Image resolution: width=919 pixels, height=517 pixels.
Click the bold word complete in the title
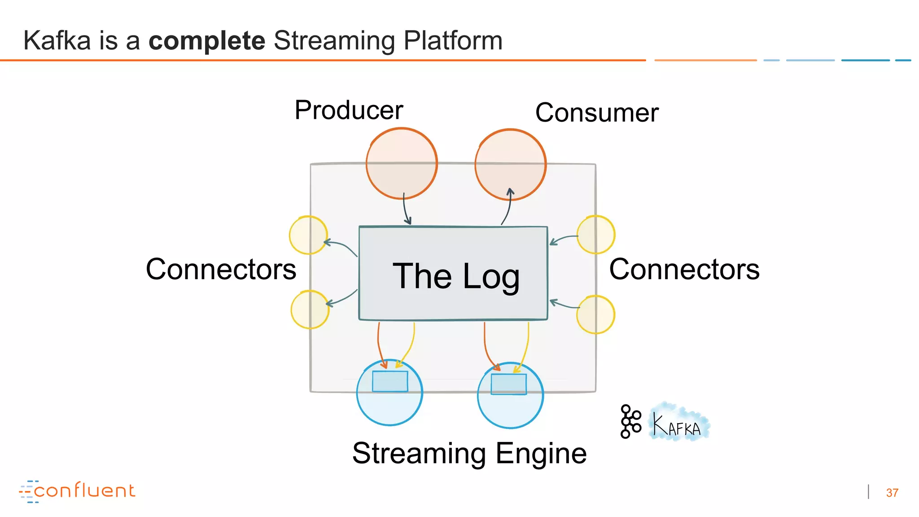point(207,41)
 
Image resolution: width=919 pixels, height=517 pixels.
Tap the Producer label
point(349,110)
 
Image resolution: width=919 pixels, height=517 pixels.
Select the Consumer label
point(597,113)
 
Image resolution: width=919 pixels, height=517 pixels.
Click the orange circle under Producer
point(401,163)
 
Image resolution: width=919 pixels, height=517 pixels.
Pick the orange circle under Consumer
point(510,164)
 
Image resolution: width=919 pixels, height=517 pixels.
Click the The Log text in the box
point(456,276)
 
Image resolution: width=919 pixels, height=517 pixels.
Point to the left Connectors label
point(221,269)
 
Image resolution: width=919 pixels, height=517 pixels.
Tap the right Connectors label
point(684,269)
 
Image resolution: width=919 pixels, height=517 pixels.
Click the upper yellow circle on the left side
point(308,235)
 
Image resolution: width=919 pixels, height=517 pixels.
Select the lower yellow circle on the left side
point(310,310)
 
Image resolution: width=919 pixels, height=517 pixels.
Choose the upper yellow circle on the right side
point(596,235)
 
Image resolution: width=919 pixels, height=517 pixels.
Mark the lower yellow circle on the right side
point(595,315)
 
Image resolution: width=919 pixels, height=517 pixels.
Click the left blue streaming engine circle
point(389,404)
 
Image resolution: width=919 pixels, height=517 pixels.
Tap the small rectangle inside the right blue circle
point(508,384)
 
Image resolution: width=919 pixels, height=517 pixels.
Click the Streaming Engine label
point(469,453)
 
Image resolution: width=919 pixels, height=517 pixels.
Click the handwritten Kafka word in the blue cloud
point(677,425)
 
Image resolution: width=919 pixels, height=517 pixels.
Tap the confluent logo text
point(84,491)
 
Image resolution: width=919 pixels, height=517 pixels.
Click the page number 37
point(892,493)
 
